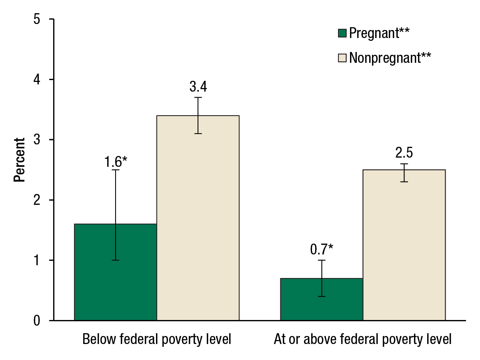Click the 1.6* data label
point(116,162)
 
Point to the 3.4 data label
point(198,87)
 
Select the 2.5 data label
point(404,153)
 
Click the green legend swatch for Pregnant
point(342,33)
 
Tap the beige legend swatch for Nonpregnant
point(342,58)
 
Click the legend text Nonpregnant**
point(390,58)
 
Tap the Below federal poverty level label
point(157,340)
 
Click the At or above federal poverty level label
point(362,340)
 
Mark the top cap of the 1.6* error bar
point(116,170)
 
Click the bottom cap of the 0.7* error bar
point(322,296)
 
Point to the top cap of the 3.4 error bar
point(198,98)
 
